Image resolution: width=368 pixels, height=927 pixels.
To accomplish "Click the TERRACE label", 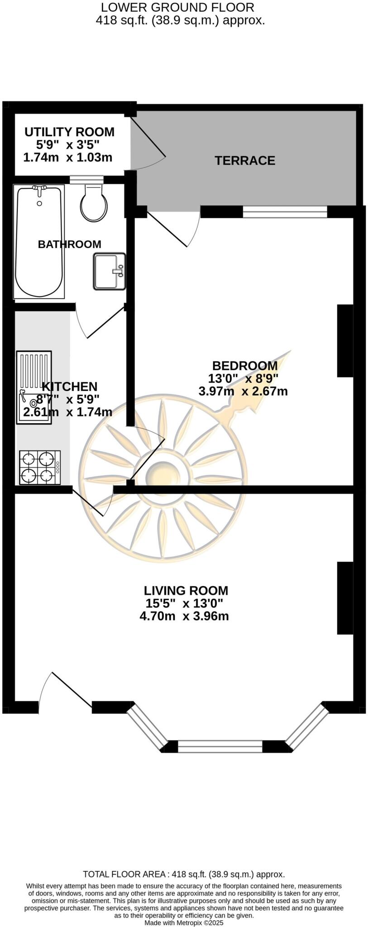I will click(x=244, y=161).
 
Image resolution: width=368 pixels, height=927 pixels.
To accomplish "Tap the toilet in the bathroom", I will click(x=94, y=204).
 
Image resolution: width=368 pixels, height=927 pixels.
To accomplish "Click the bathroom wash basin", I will click(x=109, y=272).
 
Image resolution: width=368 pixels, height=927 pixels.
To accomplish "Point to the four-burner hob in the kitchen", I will click(x=39, y=468).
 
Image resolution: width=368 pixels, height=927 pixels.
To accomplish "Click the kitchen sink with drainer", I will click(x=34, y=387).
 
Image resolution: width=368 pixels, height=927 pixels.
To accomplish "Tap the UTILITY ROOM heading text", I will click(x=69, y=132).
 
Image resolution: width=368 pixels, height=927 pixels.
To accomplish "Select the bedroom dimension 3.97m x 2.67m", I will click(x=243, y=391).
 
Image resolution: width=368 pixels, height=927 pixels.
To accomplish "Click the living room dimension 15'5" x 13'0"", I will click(x=184, y=603).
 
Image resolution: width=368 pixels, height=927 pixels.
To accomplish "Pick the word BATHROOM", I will click(x=69, y=244).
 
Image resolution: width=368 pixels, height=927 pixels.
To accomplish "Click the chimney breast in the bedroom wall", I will click(x=345, y=341).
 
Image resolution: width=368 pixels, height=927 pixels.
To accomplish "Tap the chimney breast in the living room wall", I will click(x=345, y=597).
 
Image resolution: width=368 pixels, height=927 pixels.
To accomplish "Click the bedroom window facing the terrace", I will click(x=285, y=212).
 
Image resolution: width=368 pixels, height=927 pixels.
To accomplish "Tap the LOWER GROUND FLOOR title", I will click(x=177, y=7).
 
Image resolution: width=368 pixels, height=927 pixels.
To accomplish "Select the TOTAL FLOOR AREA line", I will click(x=184, y=874).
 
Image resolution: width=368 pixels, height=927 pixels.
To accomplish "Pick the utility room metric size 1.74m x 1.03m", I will click(x=68, y=158).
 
